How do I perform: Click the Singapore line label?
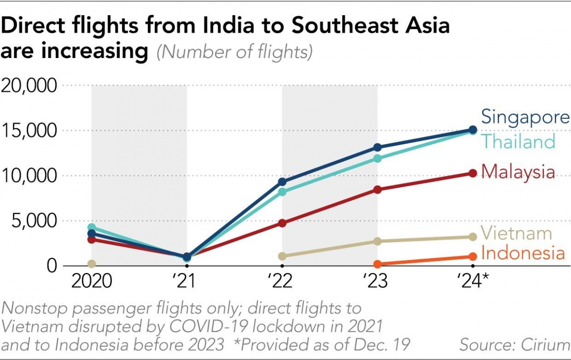[525, 117]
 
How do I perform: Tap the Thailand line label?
[518, 141]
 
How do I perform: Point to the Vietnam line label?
[516, 234]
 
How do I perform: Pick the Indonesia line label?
[523, 253]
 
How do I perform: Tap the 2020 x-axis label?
[92, 281]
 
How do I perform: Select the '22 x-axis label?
[282, 281]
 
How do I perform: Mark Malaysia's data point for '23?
[377, 189]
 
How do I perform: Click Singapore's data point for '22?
[282, 182]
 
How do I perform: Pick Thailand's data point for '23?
[377, 158]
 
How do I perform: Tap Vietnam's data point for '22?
[282, 256]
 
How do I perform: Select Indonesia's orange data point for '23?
[377, 264]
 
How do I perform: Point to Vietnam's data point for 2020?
[92, 264]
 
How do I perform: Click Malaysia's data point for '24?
[473, 174]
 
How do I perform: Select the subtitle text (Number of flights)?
[235, 52]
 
